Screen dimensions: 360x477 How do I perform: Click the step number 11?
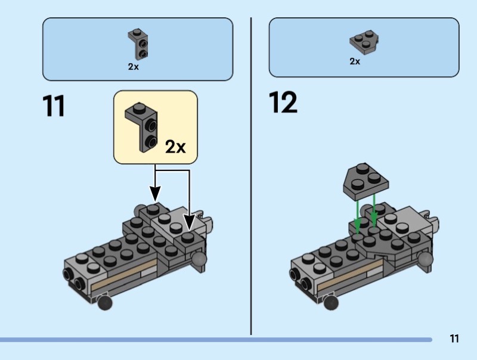(53, 107)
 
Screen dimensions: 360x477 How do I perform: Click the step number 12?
(283, 103)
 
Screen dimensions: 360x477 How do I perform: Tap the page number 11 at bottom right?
(454, 339)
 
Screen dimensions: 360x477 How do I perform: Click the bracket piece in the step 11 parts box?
(138, 43)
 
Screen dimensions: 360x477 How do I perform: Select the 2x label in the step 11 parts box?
(133, 67)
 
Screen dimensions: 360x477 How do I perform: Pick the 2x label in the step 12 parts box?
(355, 61)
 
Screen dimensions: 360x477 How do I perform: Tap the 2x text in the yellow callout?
(175, 146)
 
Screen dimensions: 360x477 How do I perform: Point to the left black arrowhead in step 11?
(155, 194)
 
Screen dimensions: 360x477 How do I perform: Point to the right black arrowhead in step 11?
(189, 223)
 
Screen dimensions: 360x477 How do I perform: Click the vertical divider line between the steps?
(251, 179)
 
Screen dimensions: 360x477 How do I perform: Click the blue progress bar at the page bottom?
(215, 340)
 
